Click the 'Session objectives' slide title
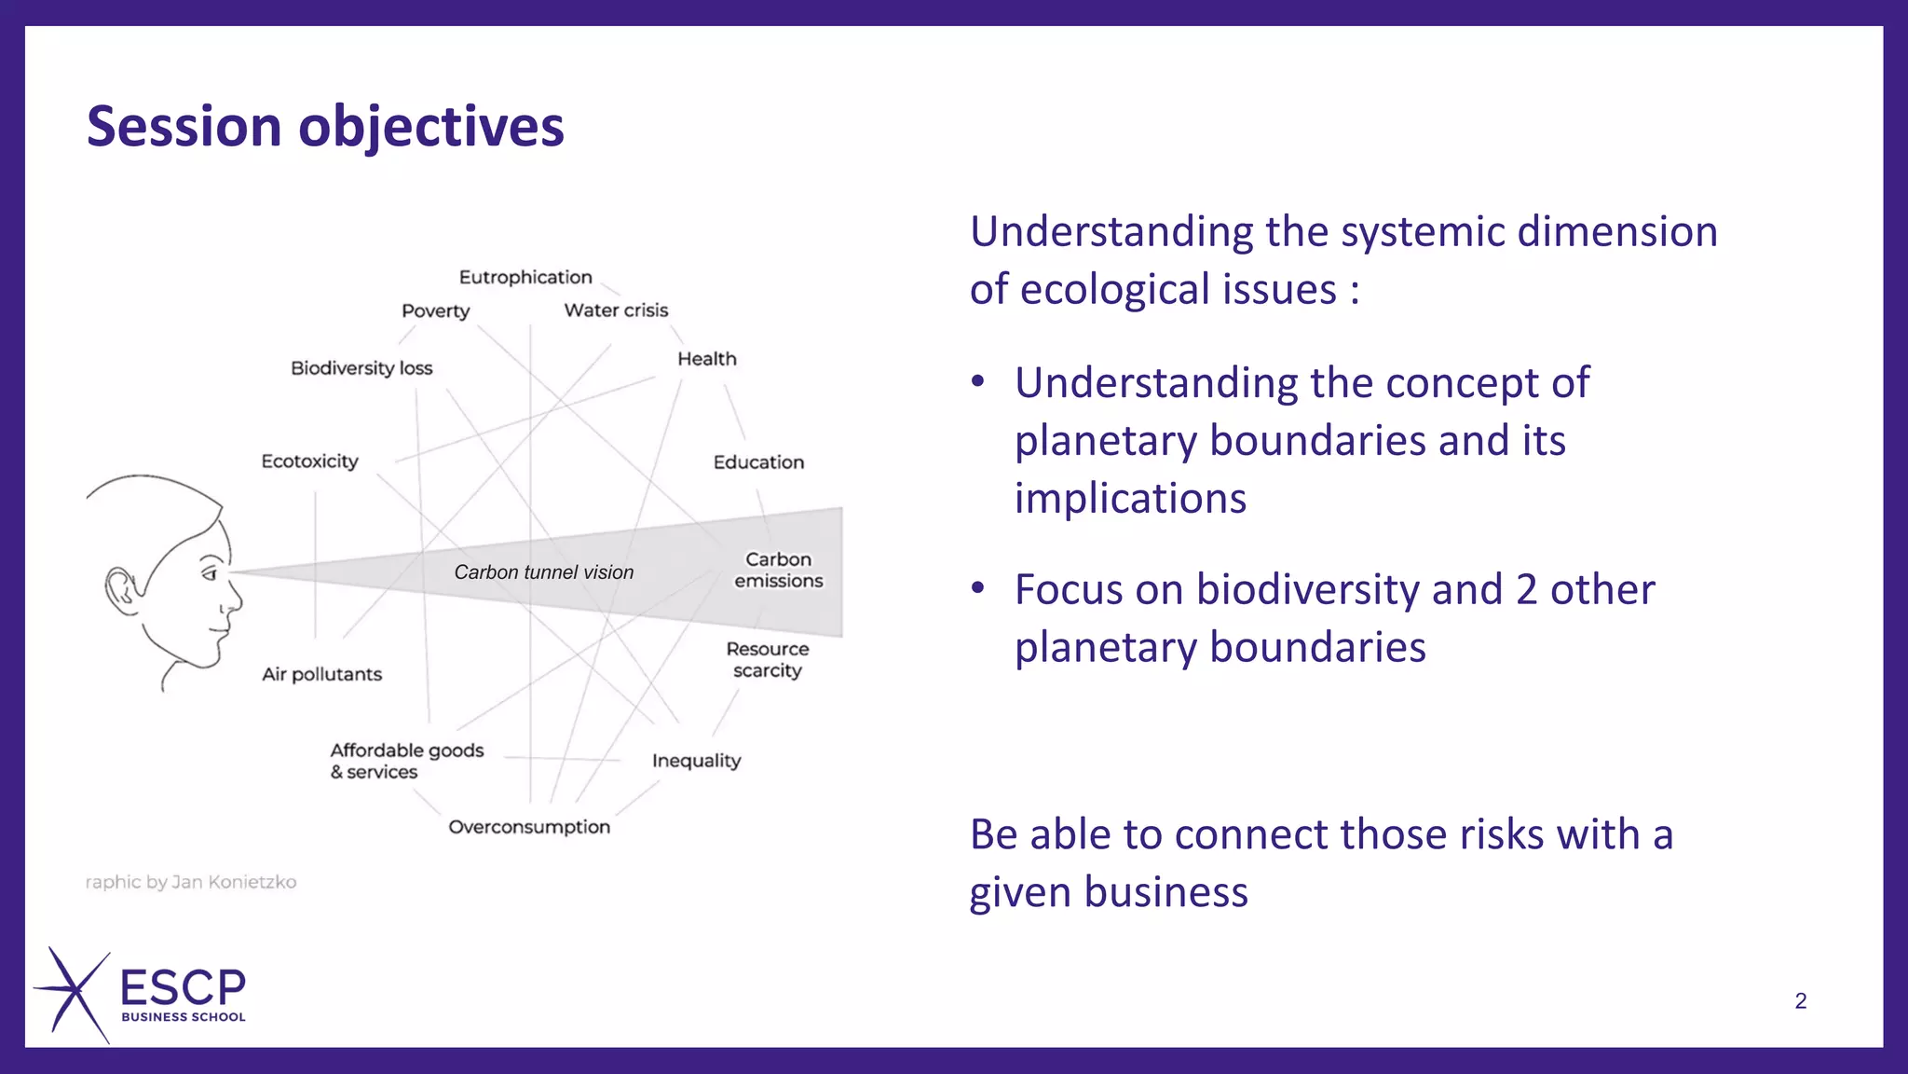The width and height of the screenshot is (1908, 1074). [x=325, y=127]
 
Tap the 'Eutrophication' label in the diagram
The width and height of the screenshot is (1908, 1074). [x=525, y=277]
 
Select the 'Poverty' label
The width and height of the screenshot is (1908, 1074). [x=435, y=310]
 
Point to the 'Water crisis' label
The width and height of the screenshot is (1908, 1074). [x=616, y=310]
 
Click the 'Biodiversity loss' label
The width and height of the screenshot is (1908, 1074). [x=361, y=367]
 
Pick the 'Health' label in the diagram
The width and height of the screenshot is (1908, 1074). [x=706, y=359]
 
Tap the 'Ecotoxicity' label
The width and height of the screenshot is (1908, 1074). [x=309, y=461]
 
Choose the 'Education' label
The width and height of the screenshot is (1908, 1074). [x=758, y=461]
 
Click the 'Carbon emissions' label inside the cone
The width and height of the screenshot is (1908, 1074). [x=779, y=570]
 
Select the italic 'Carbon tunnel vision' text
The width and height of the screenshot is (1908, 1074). [x=543, y=572]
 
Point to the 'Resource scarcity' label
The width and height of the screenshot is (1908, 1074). [x=768, y=659]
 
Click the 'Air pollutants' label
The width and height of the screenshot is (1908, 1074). [x=321, y=673]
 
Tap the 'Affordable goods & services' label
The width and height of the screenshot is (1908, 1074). [x=406, y=761]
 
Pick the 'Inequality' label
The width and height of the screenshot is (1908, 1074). [x=696, y=761]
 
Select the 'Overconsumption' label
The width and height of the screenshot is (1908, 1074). [x=529, y=827]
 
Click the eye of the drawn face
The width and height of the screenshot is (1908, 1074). [x=211, y=572]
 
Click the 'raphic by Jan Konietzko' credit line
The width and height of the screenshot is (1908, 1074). [x=190, y=882]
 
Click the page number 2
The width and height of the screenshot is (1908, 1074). [x=1800, y=1001]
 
